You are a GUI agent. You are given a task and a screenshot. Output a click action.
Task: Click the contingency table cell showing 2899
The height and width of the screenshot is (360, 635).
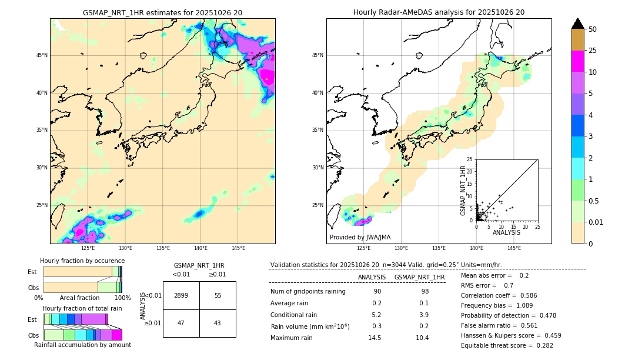click(181, 295)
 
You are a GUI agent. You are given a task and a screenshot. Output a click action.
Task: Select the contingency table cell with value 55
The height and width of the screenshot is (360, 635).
click(218, 295)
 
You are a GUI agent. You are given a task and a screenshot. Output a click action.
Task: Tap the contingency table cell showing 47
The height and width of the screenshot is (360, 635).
click(181, 323)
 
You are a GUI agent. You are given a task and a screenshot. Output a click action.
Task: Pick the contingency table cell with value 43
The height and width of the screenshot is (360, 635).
click(218, 323)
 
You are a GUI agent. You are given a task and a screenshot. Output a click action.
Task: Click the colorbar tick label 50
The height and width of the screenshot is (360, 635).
click(593, 29)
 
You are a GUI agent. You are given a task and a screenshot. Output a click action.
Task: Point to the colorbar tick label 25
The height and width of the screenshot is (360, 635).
click(593, 51)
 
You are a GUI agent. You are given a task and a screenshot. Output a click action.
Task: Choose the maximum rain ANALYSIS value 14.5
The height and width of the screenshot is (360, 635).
click(374, 338)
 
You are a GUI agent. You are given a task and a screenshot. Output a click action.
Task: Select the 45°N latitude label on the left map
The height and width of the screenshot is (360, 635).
click(42, 55)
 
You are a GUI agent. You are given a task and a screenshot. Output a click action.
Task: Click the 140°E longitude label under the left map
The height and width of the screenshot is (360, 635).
click(200, 248)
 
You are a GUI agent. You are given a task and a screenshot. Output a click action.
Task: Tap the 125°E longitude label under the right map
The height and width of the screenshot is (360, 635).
click(364, 248)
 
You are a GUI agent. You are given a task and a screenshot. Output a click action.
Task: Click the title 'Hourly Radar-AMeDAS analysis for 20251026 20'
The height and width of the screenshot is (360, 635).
click(439, 12)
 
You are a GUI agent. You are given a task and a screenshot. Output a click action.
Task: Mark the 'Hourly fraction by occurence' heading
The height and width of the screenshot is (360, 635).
click(82, 261)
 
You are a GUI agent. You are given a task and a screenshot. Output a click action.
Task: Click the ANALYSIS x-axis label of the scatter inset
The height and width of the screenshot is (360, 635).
click(506, 233)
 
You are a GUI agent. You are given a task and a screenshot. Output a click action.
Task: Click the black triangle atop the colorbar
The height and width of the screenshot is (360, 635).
click(578, 24)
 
